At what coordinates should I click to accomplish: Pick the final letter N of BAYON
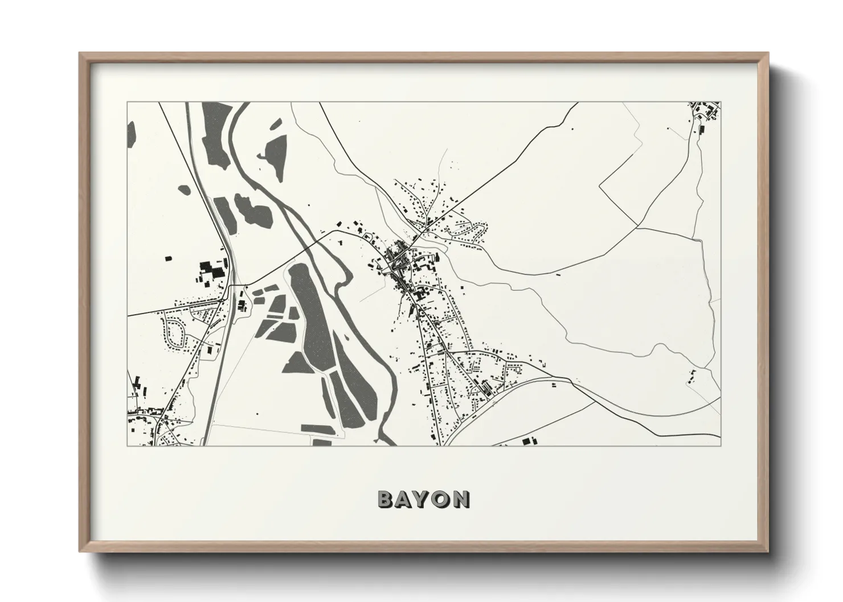(461, 499)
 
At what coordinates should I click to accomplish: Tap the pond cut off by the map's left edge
(131, 134)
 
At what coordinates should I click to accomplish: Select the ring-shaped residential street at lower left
(173, 332)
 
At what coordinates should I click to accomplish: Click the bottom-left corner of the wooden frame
(80, 551)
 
